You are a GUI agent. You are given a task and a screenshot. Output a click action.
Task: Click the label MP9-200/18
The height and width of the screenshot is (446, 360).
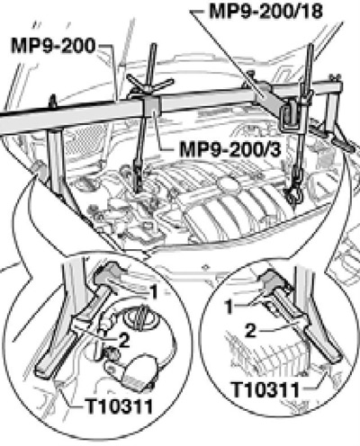click(265, 12)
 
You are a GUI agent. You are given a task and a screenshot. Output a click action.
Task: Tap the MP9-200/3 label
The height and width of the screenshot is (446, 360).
click(230, 149)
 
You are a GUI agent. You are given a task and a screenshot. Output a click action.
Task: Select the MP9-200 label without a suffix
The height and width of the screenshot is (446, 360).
click(53, 46)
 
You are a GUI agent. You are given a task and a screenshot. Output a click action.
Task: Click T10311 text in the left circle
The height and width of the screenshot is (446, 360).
click(119, 406)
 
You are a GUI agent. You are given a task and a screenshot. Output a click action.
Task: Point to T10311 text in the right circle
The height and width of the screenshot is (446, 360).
click(266, 389)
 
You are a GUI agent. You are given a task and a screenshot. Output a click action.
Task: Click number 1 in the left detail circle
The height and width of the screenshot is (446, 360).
click(154, 291)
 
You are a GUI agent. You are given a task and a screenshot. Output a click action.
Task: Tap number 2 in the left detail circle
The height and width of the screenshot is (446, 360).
click(123, 340)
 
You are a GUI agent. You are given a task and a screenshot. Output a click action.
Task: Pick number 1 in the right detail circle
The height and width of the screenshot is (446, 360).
click(229, 307)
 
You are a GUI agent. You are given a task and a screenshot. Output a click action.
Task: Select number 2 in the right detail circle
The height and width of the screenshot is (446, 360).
click(251, 331)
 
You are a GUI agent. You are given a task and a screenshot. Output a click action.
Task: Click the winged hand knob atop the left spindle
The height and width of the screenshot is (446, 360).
click(149, 85)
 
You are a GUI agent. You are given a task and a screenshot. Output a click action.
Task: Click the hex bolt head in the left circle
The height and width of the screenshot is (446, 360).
click(107, 272)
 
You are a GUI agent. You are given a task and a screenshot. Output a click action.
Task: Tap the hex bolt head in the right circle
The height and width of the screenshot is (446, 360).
click(269, 279)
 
